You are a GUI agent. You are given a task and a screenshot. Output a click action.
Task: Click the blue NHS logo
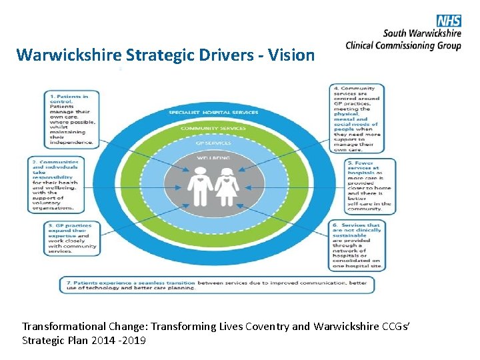pos(449,21)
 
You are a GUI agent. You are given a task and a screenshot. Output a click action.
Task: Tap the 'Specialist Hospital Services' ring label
pos(213,112)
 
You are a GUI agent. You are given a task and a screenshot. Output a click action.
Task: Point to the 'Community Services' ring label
pos(213,128)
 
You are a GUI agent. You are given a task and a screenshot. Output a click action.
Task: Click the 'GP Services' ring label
pos(213,143)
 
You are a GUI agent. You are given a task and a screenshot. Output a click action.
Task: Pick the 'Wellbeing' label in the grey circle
pos(213,158)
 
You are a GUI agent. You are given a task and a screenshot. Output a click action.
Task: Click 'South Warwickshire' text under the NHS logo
pos(422,33)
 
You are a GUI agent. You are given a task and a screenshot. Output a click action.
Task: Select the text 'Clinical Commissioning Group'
pos(403,45)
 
